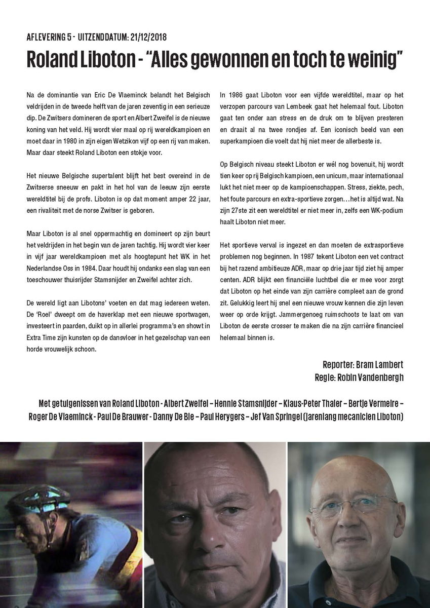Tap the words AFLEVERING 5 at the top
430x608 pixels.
[48, 37]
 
